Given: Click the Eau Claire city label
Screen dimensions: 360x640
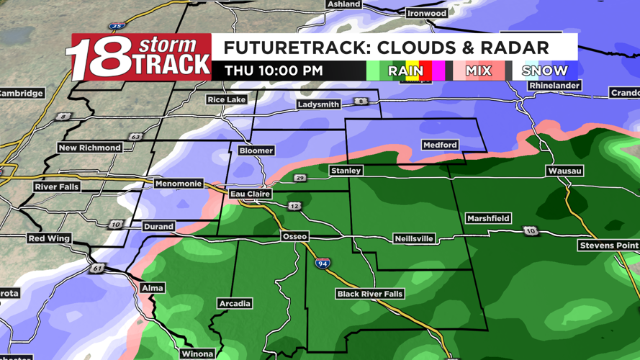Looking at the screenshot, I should pos(251,194).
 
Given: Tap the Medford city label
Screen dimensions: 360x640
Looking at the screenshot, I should pos(440,145).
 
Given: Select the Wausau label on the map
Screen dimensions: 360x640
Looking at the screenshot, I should pos(565,171).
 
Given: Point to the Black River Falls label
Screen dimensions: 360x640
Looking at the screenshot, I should pos(370,294).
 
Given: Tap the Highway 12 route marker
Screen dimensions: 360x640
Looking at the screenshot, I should pos(294,207).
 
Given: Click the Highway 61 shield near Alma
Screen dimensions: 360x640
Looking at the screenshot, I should pos(97,269).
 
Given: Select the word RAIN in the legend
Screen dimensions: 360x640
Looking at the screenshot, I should pos(405,71).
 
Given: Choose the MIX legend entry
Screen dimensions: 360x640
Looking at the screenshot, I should pos(478,71).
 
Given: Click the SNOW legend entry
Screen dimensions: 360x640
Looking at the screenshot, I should pos(545,71).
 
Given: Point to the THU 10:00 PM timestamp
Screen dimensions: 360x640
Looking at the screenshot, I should pos(274,71).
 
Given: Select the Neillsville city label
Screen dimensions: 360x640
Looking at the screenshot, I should pos(414,238).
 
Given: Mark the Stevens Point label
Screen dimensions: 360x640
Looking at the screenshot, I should pos(609,246).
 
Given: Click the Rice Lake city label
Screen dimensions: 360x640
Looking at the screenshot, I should pos(226,99).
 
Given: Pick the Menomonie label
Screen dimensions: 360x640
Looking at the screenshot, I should pos(179,184).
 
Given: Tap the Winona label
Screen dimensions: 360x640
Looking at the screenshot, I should pos(197,354).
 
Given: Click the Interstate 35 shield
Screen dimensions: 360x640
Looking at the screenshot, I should pos(117,27).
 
